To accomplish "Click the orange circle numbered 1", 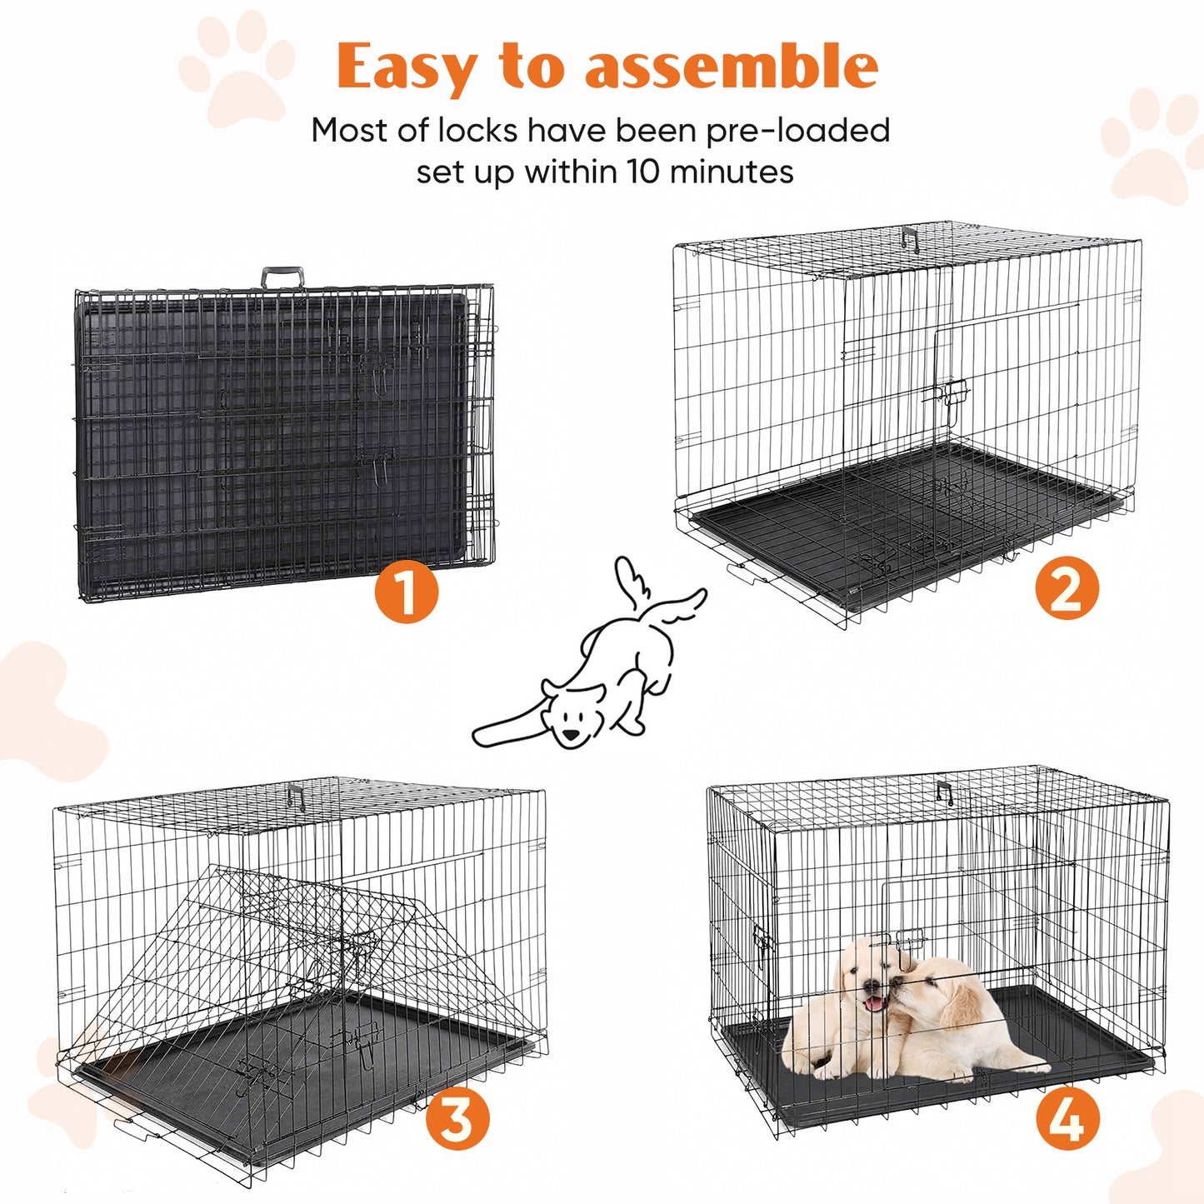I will (x=406, y=592).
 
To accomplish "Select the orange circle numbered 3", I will (x=457, y=1118).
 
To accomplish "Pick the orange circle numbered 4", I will (x=1068, y=1118).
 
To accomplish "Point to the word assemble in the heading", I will (x=732, y=67).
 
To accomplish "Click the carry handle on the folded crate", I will (x=282, y=277).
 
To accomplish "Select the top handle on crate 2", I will (x=909, y=237).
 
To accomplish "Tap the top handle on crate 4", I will (x=944, y=792).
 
